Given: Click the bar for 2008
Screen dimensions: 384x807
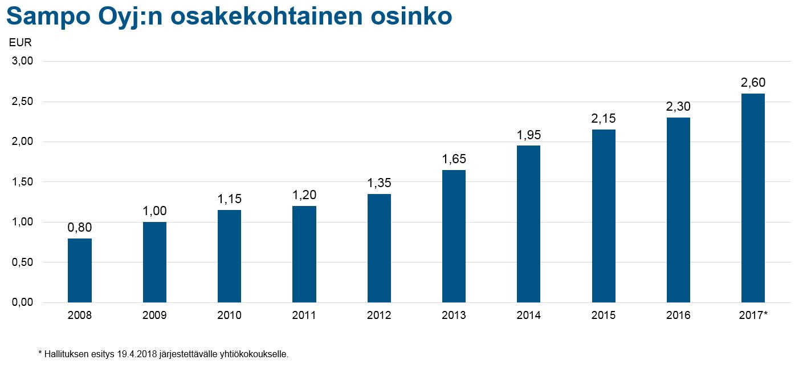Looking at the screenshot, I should click(80, 270).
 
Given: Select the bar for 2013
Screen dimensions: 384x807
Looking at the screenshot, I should click(454, 236).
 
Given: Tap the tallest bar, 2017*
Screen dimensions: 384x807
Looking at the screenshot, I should click(753, 198).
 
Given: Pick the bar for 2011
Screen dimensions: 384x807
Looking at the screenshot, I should click(304, 254).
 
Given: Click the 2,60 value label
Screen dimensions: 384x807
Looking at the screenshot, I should click(753, 83).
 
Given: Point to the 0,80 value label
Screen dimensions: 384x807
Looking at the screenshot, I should click(80, 228).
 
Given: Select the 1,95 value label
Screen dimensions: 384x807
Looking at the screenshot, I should click(529, 135).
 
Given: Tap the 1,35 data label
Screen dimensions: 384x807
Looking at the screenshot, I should click(379, 183).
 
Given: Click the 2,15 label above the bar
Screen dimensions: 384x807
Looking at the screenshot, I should click(604, 119).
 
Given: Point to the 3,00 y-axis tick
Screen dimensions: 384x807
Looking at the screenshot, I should click(23, 61).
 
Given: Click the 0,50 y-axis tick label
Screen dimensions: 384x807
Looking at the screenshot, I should click(23, 262).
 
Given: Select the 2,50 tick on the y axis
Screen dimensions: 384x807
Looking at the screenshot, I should click(23, 102).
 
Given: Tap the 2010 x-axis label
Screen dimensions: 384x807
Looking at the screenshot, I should click(229, 316).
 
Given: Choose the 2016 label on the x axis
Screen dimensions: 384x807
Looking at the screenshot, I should click(678, 316).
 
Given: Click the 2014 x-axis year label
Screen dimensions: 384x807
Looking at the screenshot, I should click(529, 316).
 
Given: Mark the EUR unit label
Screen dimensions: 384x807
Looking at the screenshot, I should click(21, 42).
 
